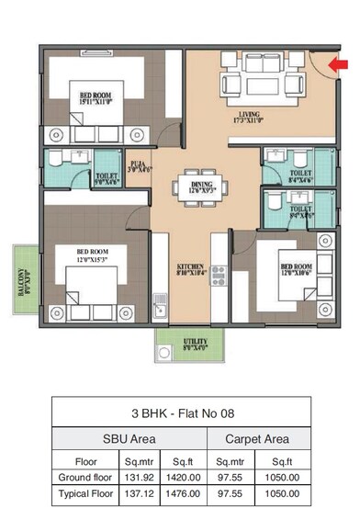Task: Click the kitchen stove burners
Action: [x=219, y=274]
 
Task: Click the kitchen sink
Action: [x=160, y=300]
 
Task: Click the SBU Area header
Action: [x=129, y=438]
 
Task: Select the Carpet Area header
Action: [x=257, y=438]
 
